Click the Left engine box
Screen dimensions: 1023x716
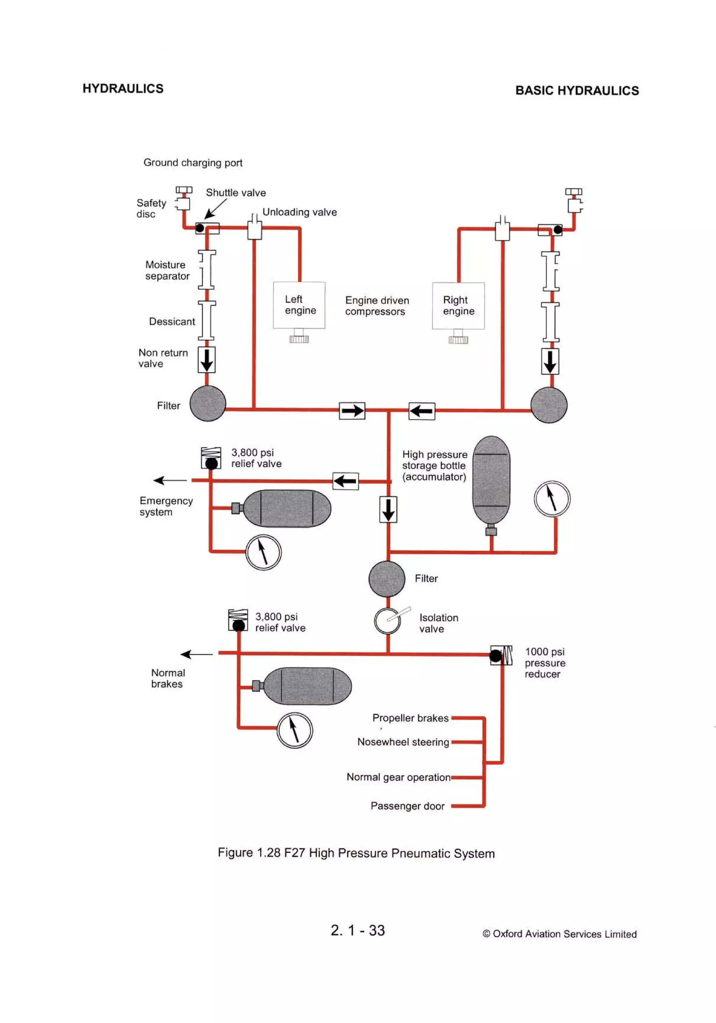coord(299,305)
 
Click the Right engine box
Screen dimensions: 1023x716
coord(458,306)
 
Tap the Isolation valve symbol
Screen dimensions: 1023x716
coord(387,621)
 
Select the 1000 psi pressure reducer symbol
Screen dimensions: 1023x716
coord(501,655)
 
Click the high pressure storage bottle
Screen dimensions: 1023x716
coord(491,480)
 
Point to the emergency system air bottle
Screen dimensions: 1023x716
coord(287,509)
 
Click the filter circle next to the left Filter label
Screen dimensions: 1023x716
coord(208,403)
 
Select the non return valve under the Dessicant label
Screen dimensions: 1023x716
coord(206,360)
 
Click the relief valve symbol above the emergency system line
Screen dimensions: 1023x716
coord(211,458)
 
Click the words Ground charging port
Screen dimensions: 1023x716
coord(193,163)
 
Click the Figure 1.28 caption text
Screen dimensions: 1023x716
coord(356,853)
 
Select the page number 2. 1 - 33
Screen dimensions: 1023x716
coord(358,930)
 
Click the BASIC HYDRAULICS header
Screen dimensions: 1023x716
coord(577,91)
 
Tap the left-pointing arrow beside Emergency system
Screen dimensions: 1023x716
coord(170,480)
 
